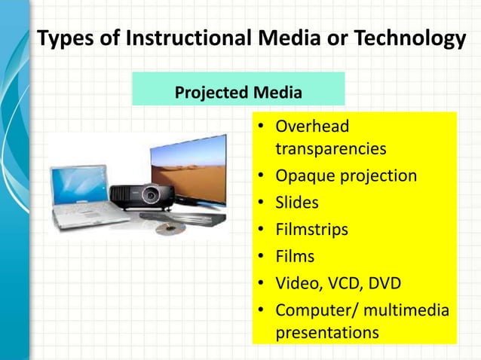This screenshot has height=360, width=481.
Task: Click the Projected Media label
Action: tap(238, 93)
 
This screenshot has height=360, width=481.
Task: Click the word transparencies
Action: tap(330, 148)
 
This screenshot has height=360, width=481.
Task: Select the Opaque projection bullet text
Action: tap(345, 175)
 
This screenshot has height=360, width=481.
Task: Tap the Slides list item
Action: tap(297, 203)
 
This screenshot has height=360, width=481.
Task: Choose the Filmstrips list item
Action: tap(311, 230)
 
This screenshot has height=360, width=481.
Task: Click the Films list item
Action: tap(295, 257)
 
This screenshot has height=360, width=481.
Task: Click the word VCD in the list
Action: tap(344, 284)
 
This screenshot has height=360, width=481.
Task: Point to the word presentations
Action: tap(327, 332)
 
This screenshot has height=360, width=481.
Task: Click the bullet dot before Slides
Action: tap(259, 203)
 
